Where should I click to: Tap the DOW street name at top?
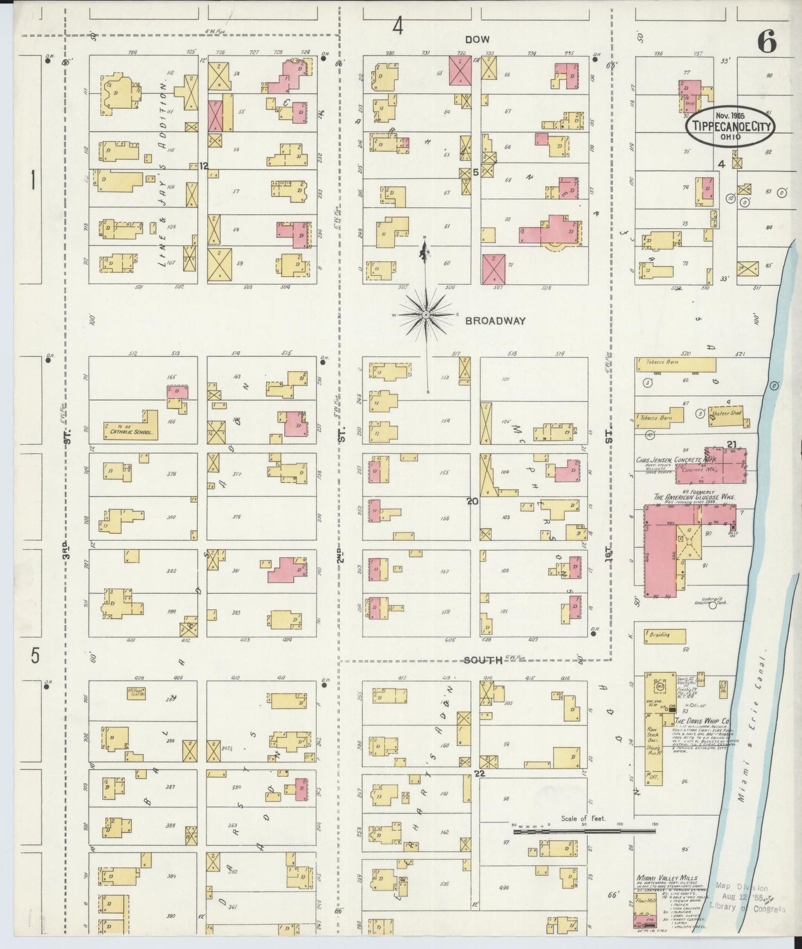(x=477, y=39)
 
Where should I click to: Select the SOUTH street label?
(x=483, y=660)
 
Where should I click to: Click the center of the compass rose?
(x=426, y=315)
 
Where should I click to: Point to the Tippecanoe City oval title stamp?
(x=730, y=127)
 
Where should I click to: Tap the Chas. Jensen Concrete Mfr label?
(x=675, y=460)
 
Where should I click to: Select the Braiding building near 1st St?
(x=659, y=635)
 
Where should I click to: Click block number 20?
(x=472, y=501)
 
